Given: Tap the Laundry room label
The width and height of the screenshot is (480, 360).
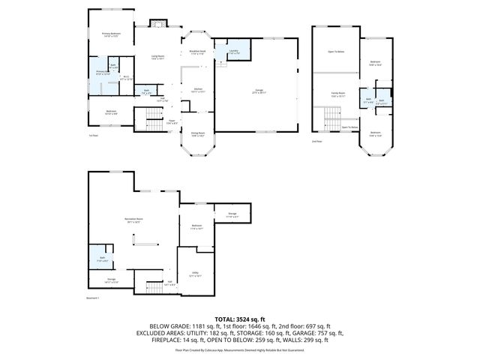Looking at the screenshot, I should pos(234,52).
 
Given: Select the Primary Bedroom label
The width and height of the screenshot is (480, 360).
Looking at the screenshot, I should pos(111,34).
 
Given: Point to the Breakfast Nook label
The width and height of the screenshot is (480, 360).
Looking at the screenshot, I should pos(198,52).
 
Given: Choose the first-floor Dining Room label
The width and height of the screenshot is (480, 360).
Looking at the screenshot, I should pos(197,136).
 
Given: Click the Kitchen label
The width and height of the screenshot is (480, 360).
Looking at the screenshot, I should pos(198,89).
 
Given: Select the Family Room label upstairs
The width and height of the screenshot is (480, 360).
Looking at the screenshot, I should pos(338,94).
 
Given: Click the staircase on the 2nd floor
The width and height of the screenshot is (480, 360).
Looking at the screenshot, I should pos(331,117).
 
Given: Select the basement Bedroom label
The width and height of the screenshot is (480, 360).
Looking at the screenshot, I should pos(196,228).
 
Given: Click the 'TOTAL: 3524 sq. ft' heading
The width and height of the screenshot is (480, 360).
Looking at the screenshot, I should pos(239,319).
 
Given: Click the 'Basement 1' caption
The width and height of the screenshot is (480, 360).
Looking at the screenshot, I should pos(93,297).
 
